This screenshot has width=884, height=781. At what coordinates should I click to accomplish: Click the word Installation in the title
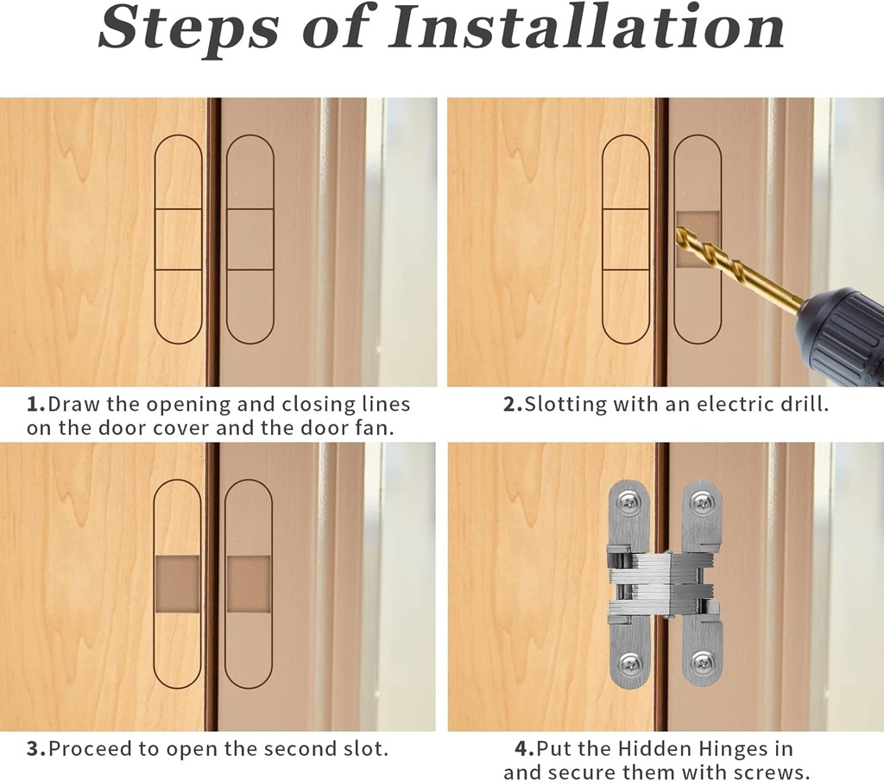coord(586,27)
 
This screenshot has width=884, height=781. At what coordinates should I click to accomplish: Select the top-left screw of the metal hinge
coord(629,501)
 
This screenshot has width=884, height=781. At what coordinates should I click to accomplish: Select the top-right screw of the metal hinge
coord(702,501)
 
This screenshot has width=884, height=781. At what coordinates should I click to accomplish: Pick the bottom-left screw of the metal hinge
coord(629,664)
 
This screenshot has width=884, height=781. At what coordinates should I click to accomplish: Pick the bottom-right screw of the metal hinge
coord(702,664)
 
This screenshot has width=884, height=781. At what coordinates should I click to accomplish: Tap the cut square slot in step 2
coord(697,239)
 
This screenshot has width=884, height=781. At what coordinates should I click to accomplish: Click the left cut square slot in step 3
coord(177,584)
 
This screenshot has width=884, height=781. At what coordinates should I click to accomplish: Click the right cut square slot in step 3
coord(249,584)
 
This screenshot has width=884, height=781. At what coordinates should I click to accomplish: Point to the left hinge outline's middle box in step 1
coord(178,239)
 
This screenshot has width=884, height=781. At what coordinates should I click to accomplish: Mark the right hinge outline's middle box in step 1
coord(249,239)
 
